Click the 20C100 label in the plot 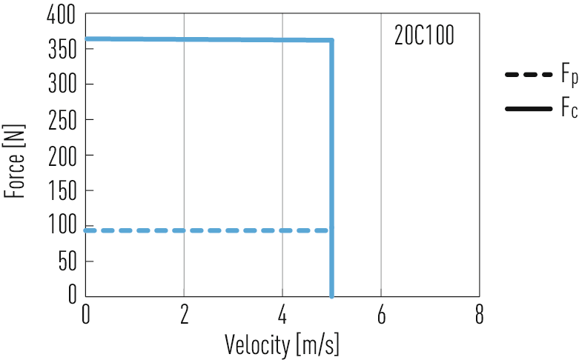tap(424, 36)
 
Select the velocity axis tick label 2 tap(184, 314)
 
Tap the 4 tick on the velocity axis tap(282, 314)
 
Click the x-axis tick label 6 tap(381, 314)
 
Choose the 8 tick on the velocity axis tap(480, 314)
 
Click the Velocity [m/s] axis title tap(282, 344)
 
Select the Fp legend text tap(569, 76)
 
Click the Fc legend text tap(569, 110)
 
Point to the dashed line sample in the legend tap(528, 76)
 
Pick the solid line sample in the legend tap(528, 109)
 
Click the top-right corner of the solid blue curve tap(331, 40)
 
